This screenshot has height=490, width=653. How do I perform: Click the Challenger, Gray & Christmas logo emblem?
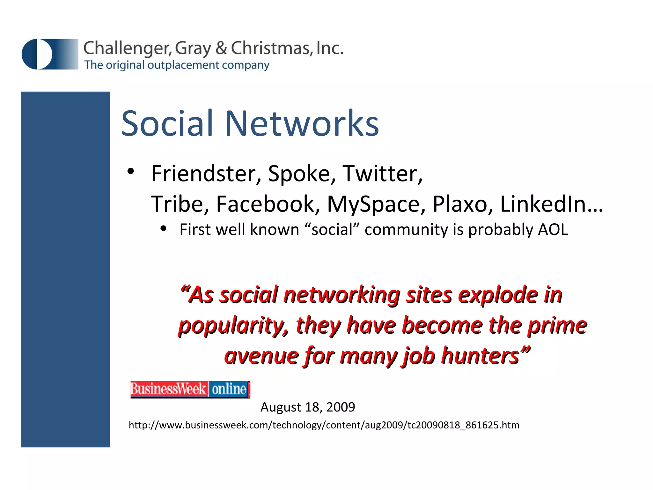[x=50, y=54]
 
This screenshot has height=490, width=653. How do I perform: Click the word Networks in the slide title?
[x=302, y=123]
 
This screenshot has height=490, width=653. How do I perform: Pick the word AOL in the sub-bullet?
[x=553, y=230]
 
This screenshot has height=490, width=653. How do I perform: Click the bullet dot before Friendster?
[x=130, y=172]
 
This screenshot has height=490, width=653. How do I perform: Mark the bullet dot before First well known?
[x=164, y=228]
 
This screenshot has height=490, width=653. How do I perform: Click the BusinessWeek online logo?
[x=190, y=389]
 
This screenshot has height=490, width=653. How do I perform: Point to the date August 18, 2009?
[x=308, y=407]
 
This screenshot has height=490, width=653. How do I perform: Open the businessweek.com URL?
[x=324, y=425]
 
